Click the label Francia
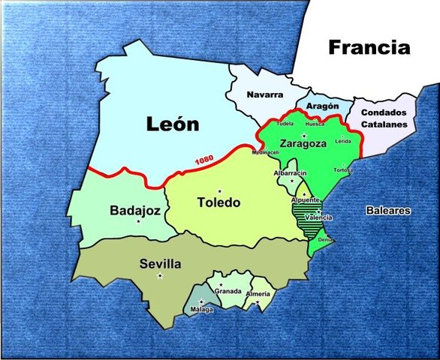(370, 48)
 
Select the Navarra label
(264, 94)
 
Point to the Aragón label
(323, 106)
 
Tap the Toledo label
(219, 202)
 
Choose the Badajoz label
(134, 211)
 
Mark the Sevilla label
(160, 264)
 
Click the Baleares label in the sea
(388, 211)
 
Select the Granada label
(228, 291)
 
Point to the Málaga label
(201, 309)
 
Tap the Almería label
(258, 293)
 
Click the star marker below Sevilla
(160, 276)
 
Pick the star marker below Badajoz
(138, 221)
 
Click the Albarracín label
(291, 172)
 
